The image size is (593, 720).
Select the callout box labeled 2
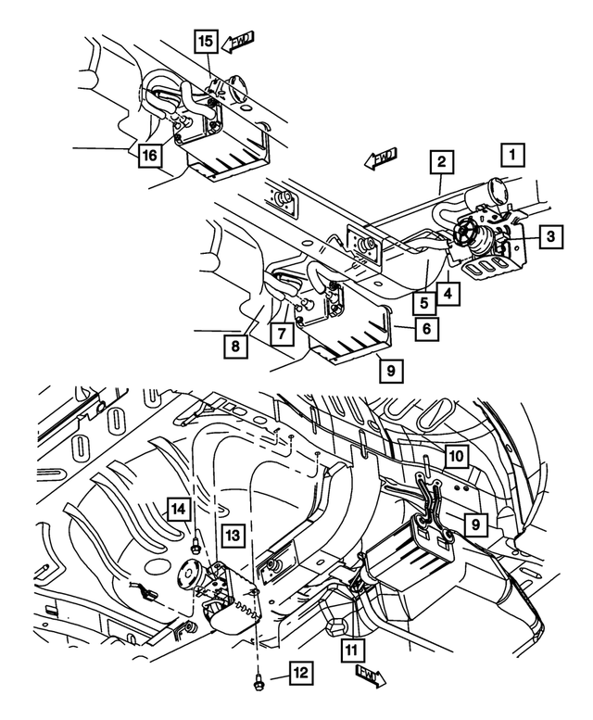point(443,162)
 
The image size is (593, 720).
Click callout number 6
point(425,327)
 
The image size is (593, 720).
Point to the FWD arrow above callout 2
point(380,159)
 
